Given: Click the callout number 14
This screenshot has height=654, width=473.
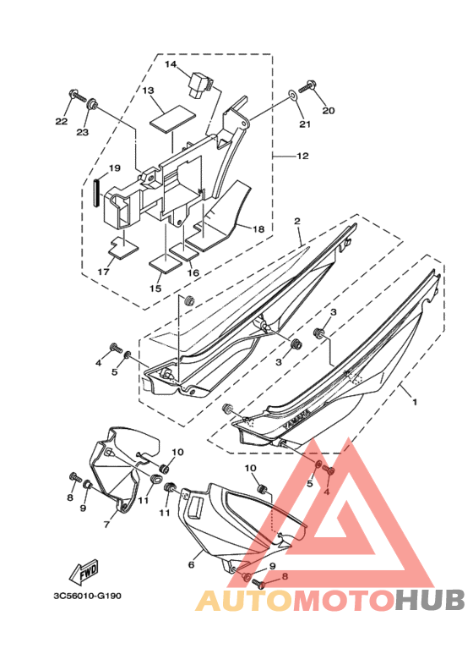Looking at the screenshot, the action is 171,64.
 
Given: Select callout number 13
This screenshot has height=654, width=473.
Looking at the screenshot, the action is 148,91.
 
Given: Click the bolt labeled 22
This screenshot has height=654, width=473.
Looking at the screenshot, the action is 78,96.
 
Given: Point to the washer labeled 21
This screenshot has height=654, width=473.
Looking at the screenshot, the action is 292,96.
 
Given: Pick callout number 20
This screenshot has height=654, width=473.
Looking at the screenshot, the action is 329,111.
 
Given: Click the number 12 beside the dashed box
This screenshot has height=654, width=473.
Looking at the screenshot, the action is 302,156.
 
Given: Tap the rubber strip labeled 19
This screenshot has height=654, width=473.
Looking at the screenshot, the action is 96,193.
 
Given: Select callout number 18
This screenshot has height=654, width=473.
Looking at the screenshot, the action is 258,229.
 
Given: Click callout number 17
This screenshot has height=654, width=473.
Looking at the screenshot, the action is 103,272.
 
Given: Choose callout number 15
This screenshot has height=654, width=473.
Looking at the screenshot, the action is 155,289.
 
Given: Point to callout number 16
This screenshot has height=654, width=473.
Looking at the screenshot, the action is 193,272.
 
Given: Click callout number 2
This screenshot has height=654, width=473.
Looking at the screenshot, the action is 297,221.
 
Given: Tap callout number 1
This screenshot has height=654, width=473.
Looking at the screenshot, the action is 414,402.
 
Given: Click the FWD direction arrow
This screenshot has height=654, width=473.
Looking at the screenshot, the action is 84,573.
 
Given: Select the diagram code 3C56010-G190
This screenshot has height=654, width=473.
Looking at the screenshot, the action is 88,596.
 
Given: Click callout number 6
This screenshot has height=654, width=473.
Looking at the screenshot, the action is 191,565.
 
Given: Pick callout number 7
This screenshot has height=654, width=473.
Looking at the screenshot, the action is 106,525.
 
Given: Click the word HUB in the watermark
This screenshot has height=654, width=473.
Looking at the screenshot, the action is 429,601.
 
